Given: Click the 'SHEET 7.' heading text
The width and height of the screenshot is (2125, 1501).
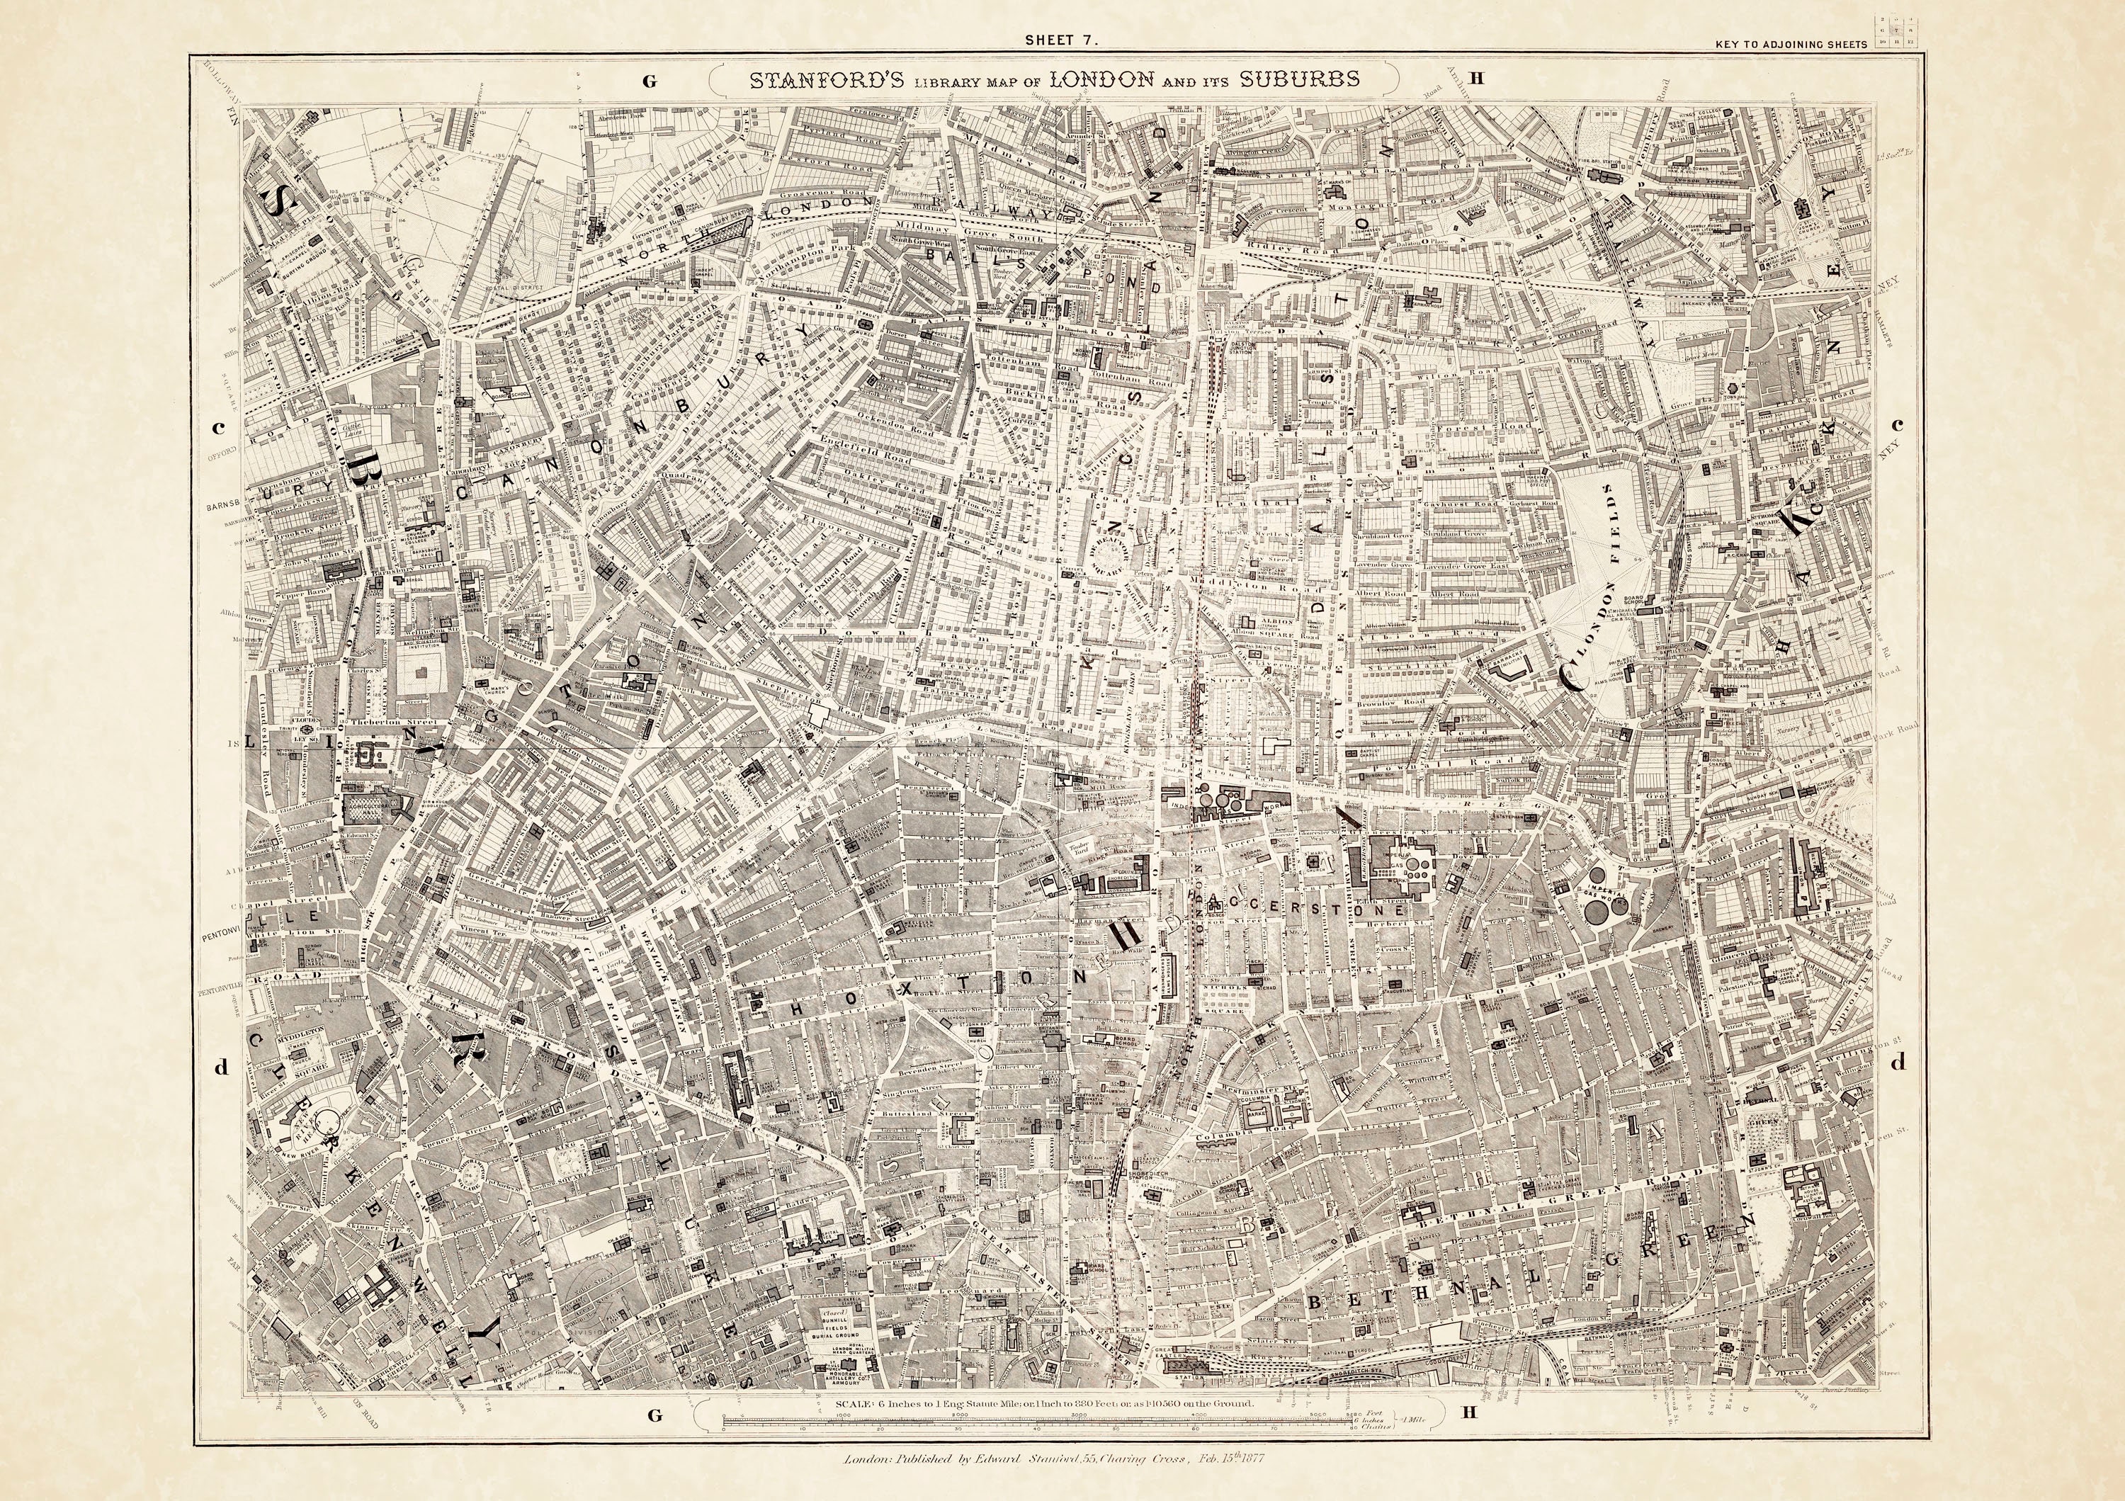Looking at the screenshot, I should tap(1062, 40).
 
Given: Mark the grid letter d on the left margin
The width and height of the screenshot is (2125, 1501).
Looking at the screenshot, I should tap(220, 1067).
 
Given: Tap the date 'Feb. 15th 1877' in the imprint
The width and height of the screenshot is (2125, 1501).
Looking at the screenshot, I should tap(1231, 1459).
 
